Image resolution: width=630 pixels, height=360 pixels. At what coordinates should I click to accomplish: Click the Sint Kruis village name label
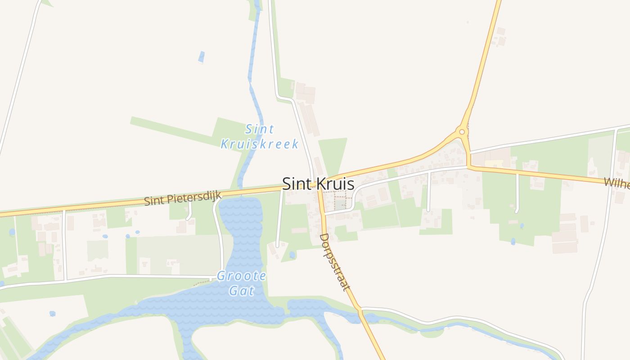(x=318, y=184)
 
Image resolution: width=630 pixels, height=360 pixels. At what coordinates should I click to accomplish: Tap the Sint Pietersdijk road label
(x=183, y=198)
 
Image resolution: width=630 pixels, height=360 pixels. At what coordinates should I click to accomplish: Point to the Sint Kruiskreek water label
(x=260, y=137)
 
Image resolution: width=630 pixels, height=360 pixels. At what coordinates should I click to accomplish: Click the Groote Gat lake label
(x=242, y=283)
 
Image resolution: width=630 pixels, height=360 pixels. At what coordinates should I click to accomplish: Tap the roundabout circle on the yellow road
(x=461, y=132)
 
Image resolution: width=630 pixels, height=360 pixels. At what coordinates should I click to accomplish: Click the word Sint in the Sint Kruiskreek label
(x=260, y=130)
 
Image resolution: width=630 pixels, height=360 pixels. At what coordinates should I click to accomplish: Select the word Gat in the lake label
(x=242, y=291)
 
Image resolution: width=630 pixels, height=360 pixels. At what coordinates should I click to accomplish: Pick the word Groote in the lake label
(x=242, y=276)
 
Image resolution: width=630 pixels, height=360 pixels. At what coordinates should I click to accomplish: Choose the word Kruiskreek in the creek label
(x=260, y=144)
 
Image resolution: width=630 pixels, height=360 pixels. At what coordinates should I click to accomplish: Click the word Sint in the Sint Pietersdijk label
(x=153, y=201)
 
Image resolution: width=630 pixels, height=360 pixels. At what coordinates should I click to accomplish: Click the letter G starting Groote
(x=221, y=276)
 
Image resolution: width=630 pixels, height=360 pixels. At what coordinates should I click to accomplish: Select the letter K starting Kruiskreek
(x=225, y=144)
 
